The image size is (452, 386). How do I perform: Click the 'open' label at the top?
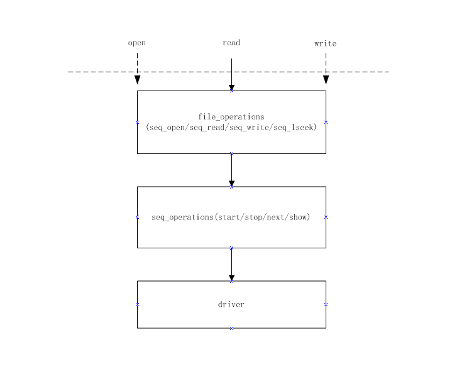(137, 43)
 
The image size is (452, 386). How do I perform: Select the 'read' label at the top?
(231, 43)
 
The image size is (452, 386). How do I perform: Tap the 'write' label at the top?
(326, 43)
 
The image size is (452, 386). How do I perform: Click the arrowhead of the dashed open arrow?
(137, 80)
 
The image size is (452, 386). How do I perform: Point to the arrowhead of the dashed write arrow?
(326, 80)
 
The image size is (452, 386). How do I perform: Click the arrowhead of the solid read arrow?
(231, 87)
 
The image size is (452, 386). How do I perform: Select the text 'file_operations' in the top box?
(231, 117)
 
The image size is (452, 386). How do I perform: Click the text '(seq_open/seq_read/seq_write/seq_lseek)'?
(231, 128)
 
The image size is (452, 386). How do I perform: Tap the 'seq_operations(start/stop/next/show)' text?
(231, 218)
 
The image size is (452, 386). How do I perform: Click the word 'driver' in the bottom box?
(231, 305)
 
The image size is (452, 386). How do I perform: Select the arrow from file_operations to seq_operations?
(231, 170)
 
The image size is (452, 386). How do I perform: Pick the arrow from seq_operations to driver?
(231, 264)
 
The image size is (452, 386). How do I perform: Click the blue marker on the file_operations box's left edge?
(138, 122)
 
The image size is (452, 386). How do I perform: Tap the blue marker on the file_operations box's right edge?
(326, 122)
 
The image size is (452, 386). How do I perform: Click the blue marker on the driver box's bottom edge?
(231, 328)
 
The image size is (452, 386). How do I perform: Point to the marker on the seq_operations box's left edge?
(138, 217)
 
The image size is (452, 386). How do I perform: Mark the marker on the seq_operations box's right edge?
(326, 217)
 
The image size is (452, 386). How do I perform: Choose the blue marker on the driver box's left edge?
(138, 304)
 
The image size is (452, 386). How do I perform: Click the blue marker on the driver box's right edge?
(326, 304)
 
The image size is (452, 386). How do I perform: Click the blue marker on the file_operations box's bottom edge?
(231, 153)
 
